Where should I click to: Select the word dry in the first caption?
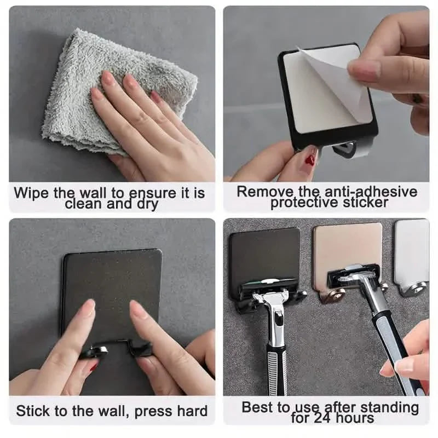(144, 205)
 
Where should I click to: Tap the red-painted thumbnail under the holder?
(311, 160)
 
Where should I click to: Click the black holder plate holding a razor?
(264, 255)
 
